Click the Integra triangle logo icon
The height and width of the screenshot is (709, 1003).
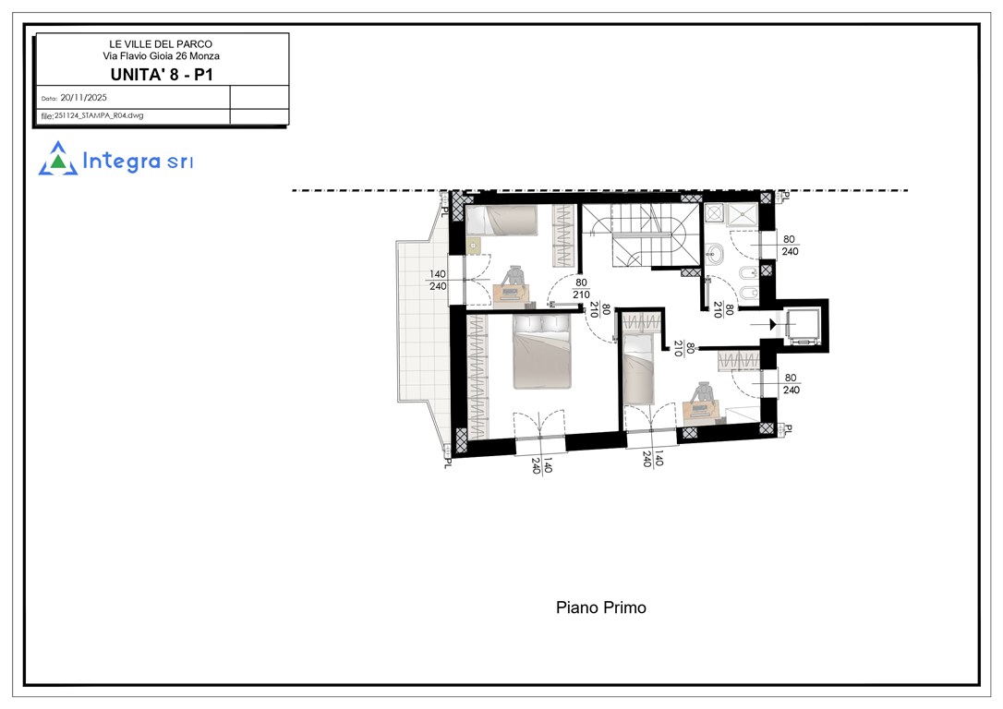point(57,159)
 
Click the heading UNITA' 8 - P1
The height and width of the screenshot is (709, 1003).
point(162,75)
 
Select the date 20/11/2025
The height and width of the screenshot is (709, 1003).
point(84,98)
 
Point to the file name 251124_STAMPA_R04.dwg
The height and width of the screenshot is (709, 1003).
point(99,115)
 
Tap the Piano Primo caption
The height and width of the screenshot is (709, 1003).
point(600,607)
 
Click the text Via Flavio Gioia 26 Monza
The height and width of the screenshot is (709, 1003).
point(162,56)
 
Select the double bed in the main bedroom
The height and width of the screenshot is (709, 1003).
point(541,351)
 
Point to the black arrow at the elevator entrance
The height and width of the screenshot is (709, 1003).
point(773,325)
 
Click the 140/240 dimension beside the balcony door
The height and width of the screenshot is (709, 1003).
point(438,280)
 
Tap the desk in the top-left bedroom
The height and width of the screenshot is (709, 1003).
point(511,293)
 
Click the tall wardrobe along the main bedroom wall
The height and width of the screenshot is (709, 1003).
point(477,377)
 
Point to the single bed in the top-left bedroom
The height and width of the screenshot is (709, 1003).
point(501,221)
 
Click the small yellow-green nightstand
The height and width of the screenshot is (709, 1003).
point(474,245)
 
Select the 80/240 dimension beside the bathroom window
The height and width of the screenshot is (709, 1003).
point(790,246)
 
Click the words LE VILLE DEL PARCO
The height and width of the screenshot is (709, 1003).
point(161,44)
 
